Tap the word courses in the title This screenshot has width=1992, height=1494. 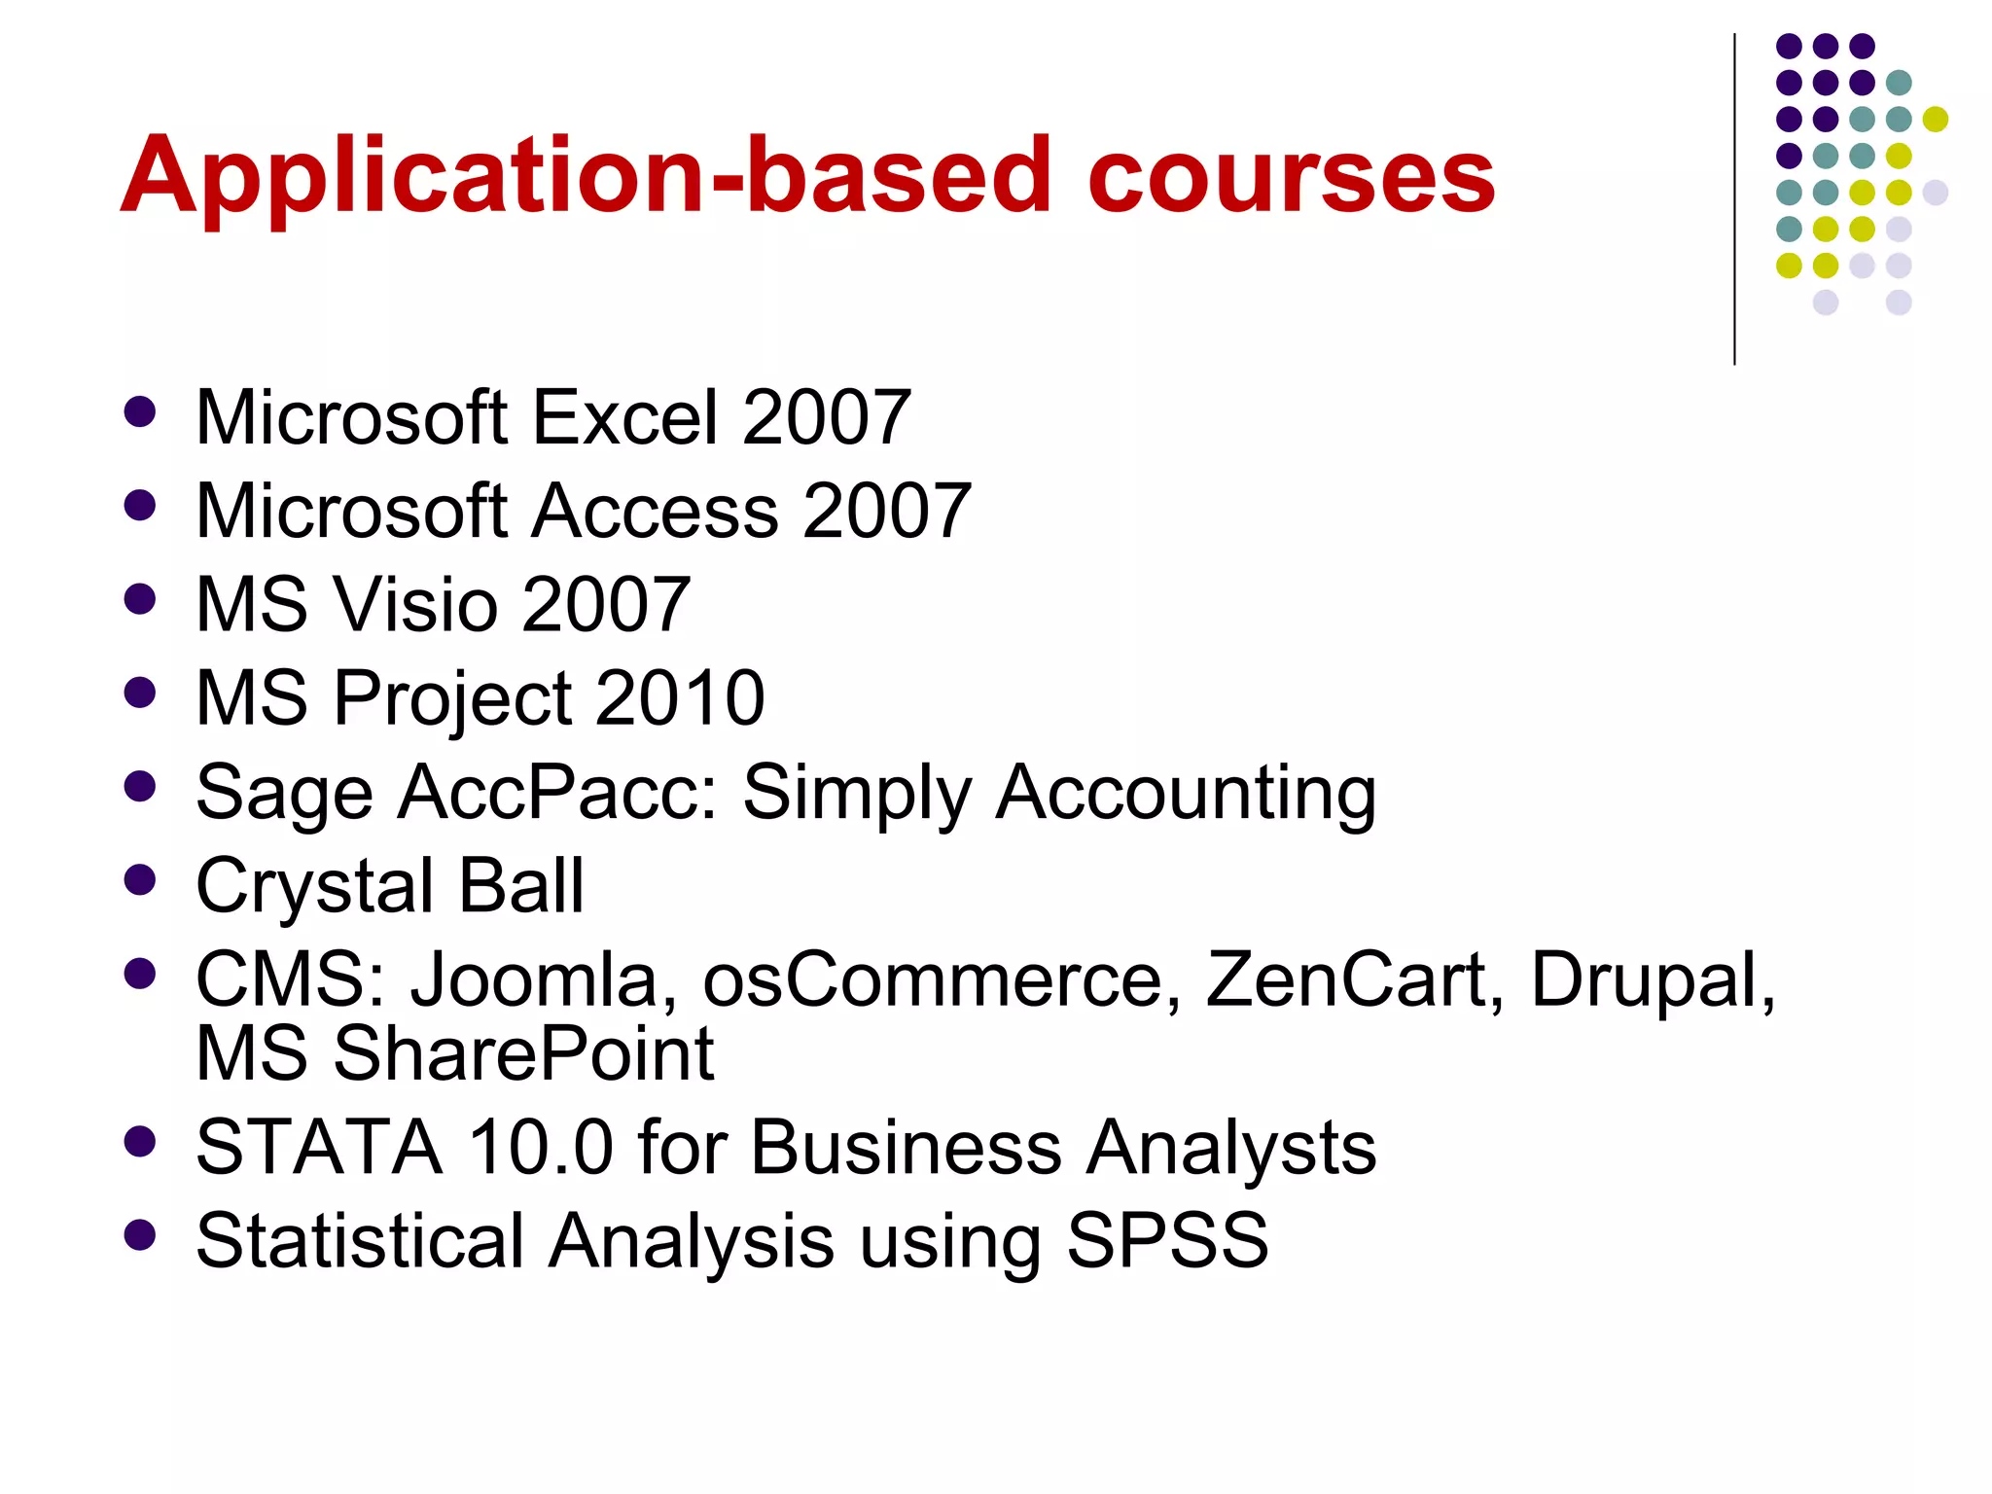(1291, 177)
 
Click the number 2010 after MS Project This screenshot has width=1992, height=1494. (680, 697)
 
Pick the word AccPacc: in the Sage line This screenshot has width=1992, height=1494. (558, 792)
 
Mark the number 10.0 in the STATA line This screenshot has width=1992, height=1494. (541, 1147)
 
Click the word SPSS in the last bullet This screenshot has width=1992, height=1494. (1167, 1240)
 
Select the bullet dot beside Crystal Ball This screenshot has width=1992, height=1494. (141, 880)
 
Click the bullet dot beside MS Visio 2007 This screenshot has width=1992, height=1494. (141, 598)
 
